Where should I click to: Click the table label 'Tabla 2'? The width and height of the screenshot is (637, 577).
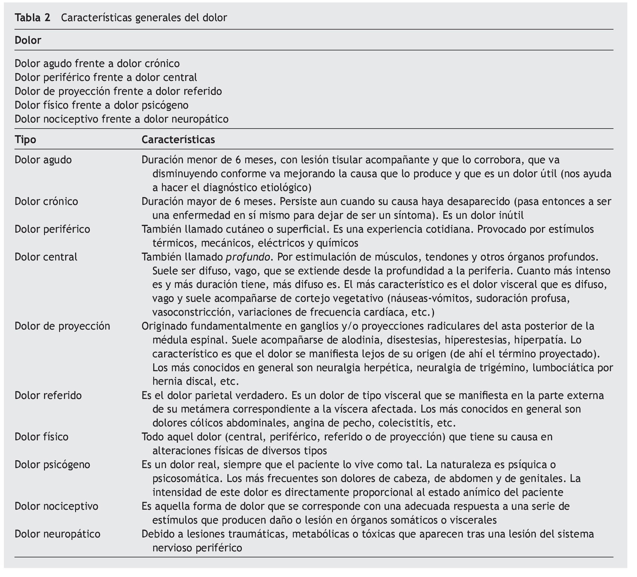[x=33, y=18]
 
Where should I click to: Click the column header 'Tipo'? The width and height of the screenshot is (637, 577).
[x=25, y=139]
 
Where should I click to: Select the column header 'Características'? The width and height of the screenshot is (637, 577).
[x=178, y=139]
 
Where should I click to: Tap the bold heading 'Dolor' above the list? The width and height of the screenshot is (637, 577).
[x=28, y=40]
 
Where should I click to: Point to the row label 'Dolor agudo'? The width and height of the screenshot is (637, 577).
[x=43, y=160]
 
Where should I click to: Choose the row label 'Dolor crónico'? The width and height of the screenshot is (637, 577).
[x=46, y=201]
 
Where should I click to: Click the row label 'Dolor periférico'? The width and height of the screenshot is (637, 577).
[x=52, y=229]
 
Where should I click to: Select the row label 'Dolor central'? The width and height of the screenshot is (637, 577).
[x=46, y=257]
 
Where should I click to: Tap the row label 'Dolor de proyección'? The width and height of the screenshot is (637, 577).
[x=62, y=326]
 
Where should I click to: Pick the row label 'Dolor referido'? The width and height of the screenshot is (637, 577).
[x=48, y=395]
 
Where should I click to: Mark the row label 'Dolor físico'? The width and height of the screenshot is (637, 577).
[x=41, y=437]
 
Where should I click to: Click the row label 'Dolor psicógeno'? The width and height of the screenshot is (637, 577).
[x=52, y=464]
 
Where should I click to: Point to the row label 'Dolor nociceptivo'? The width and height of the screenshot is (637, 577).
[x=56, y=506]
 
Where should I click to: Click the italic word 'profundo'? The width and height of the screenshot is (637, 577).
[x=248, y=257]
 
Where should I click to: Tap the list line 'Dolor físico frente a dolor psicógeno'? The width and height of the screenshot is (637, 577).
[x=101, y=105]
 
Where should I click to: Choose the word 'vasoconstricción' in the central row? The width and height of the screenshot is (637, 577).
[x=192, y=312]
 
